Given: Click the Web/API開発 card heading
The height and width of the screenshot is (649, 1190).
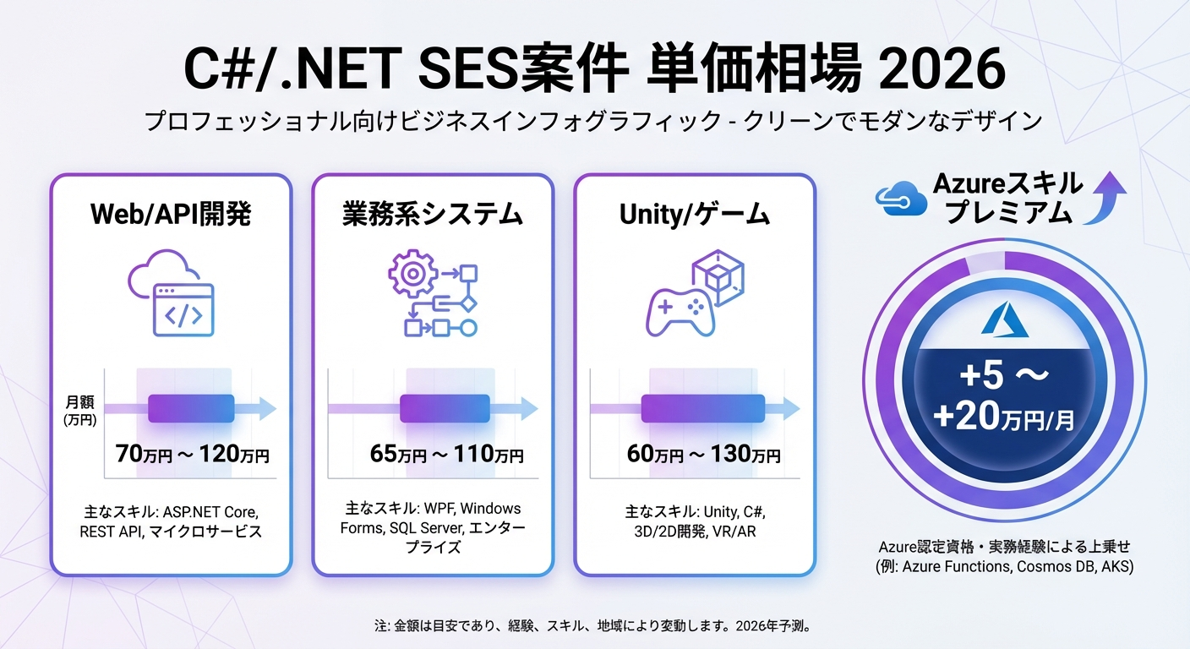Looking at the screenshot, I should [171, 215].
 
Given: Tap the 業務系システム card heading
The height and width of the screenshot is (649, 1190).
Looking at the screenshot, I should [432, 215].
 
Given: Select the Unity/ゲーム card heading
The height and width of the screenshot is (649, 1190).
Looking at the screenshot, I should [694, 215].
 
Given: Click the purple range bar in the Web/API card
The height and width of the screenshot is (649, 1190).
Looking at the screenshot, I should [190, 408].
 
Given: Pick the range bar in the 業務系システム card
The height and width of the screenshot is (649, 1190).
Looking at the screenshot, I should [445, 408].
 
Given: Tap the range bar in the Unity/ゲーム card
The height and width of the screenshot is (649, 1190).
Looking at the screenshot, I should [703, 408].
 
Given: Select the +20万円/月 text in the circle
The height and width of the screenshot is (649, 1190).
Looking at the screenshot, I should [1003, 416].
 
